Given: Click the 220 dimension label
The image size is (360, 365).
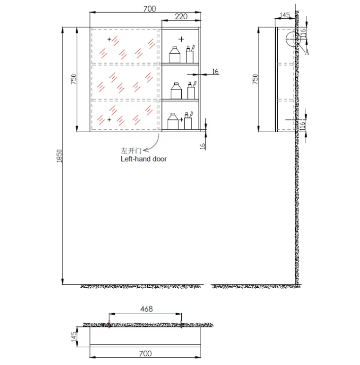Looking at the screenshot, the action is pos(181,17).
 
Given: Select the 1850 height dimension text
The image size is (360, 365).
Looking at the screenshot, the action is pos(59,156).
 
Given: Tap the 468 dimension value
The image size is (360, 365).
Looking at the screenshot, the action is pos(147,309).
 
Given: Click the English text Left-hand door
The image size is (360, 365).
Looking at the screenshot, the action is pos(144,159).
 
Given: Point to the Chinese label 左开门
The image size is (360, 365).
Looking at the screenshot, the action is pos(131,150).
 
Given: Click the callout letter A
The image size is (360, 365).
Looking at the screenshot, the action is pos(307,52).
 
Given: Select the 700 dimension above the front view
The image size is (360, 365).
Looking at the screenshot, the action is pos(150,9).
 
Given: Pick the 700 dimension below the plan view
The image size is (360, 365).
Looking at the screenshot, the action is pos(145,354).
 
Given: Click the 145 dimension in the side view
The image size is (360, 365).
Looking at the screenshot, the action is pos(285,15).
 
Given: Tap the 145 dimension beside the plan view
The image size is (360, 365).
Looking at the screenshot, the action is pos(74,337).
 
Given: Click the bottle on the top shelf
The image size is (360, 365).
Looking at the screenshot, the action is pos(175,55).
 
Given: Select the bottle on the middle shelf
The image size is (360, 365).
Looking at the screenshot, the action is pos(176,91).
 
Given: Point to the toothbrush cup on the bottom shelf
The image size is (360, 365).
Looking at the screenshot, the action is pos(188,121).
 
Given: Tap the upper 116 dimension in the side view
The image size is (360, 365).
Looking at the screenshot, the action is pos(303,33).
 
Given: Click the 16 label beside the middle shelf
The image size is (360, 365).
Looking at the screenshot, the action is pos(215,72).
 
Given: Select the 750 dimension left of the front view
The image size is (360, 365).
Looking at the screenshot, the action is pos(74,79).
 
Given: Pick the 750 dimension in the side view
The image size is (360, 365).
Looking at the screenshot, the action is pos(255,79).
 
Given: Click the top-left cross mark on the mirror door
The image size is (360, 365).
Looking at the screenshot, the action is pos(109,39).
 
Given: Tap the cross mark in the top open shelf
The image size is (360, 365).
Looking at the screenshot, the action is pos(181,39).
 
